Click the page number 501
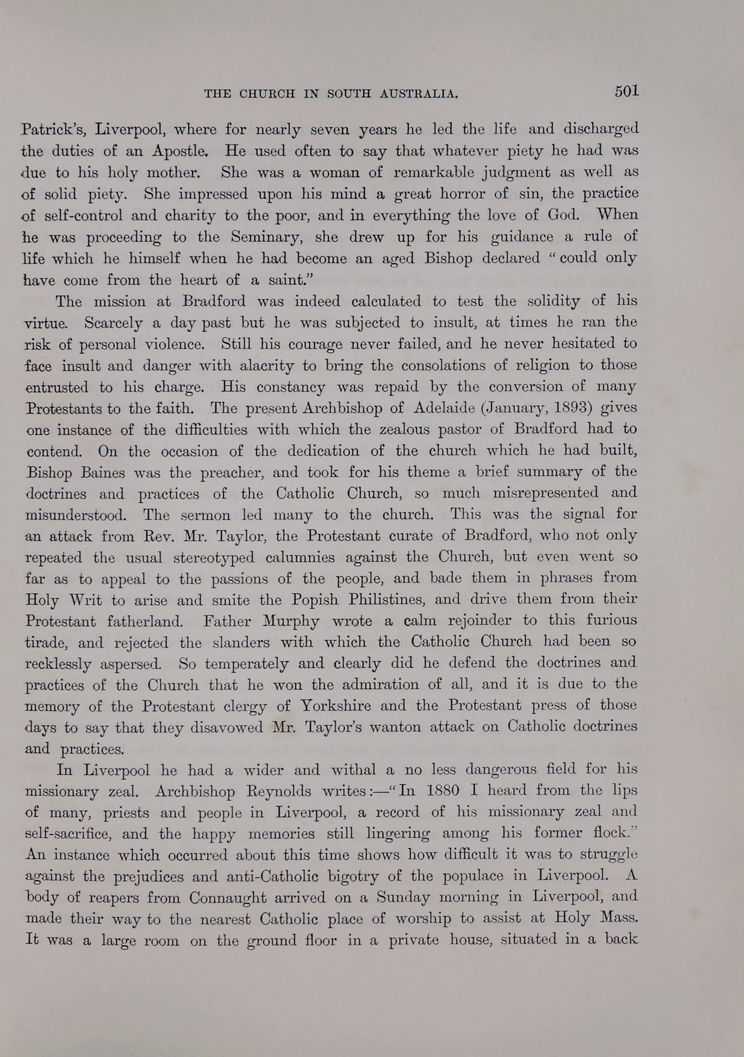627,91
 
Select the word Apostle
180,151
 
